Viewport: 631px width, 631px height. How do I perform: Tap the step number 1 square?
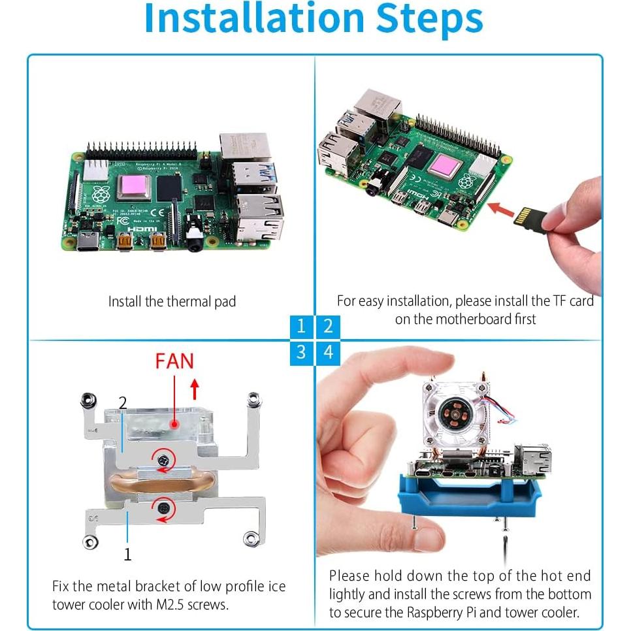[x=300, y=326]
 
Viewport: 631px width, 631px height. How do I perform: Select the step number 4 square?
[x=329, y=353]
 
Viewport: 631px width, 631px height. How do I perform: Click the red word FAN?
[x=174, y=361]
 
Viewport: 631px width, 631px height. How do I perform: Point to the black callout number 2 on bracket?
[x=123, y=402]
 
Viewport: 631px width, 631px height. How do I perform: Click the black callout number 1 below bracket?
[x=127, y=555]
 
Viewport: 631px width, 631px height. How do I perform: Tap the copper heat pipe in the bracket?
[x=163, y=485]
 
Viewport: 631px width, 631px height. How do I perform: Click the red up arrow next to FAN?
[x=194, y=390]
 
